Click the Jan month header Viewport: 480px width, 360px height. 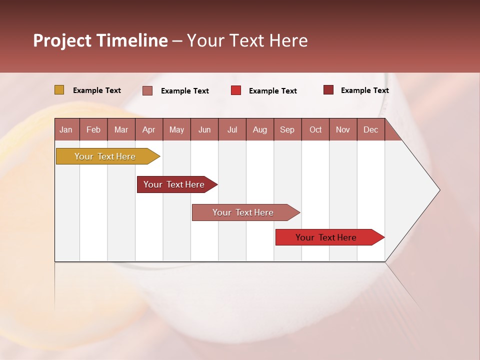click(66, 130)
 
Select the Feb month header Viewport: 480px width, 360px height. click(93, 130)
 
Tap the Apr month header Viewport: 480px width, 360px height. click(148, 130)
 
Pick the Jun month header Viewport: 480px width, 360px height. click(204, 130)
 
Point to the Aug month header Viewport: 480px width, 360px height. click(259, 130)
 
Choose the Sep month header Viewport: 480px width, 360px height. click(287, 130)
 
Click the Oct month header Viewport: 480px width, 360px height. click(315, 130)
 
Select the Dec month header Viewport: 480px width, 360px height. click(370, 130)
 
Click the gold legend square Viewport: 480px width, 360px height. click(59, 90)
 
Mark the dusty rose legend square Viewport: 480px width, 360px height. click(147, 90)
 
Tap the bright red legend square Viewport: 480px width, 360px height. click(236, 90)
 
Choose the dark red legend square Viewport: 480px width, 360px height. click(328, 90)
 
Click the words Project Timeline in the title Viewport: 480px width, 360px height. click(100, 40)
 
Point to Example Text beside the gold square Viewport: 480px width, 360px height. click(97, 90)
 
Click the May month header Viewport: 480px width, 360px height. click(176, 130)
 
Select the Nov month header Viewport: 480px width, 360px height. click(343, 130)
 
